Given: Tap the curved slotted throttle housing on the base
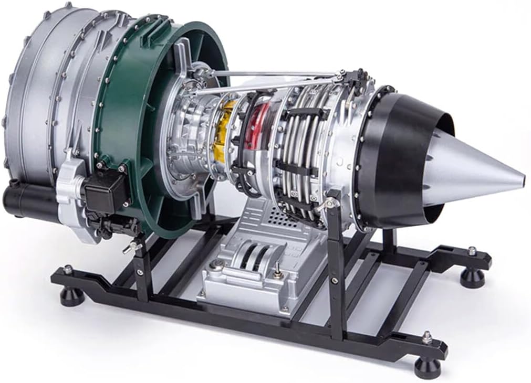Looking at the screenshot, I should [x=252, y=258].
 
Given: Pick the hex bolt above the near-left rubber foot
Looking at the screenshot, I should [x=68, y=270].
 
